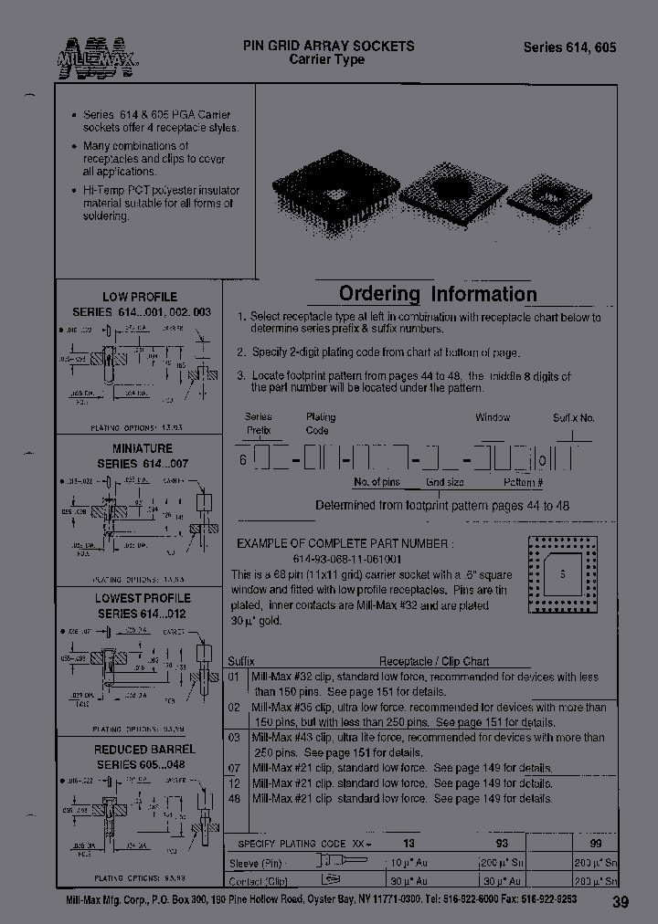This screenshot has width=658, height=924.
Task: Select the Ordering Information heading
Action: coord(438,294)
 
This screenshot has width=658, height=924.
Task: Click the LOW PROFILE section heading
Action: coord(140,297)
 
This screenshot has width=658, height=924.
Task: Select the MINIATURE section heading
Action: coord(142,448)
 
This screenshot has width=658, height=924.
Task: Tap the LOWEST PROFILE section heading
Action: coord(143,599)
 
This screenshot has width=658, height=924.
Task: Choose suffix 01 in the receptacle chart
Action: coord(233,677)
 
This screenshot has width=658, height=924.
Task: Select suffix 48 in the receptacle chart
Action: coord(234,798)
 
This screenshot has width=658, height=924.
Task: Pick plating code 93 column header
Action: coord(502,844)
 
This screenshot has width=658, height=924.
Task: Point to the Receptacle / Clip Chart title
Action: coord(434,661)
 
